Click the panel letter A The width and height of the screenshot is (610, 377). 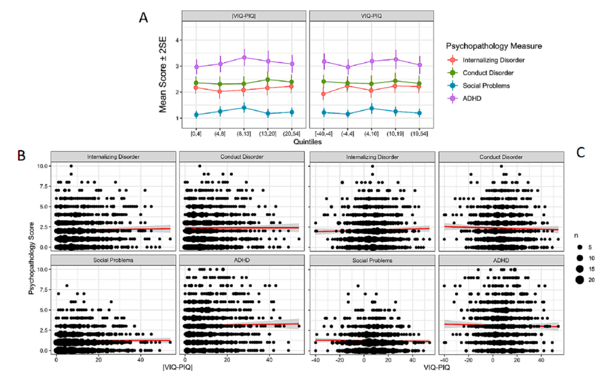click(x=144, y=17)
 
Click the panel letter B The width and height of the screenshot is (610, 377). click(x=21, y=155)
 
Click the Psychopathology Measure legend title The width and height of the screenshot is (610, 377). click(x=495, y=45)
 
